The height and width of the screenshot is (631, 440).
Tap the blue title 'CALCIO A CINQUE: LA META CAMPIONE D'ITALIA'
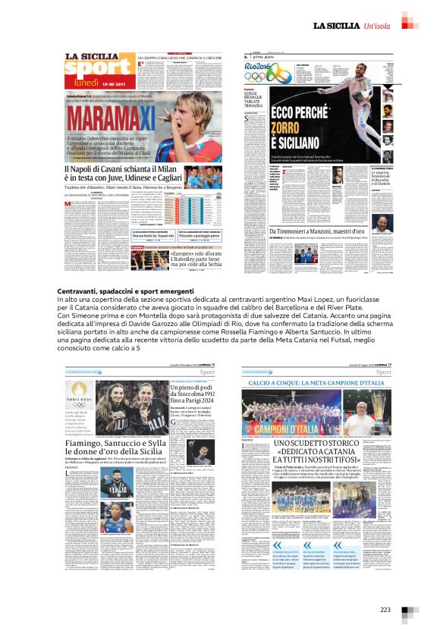point(317,383)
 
